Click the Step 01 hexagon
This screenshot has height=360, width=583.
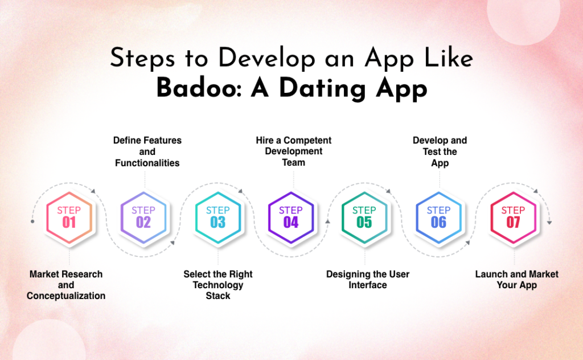69,217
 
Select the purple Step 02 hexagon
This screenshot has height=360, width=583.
143,217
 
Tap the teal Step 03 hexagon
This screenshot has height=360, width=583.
217,217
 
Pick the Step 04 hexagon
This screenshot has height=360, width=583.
291,217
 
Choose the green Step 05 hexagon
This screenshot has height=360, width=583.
364,217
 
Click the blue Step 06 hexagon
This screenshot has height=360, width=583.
438,217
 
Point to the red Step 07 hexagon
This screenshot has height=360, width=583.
513,217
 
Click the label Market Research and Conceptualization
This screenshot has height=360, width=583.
66,285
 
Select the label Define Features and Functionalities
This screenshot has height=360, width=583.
147,152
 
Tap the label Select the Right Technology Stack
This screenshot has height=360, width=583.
218,285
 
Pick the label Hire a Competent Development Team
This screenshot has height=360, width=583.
293,151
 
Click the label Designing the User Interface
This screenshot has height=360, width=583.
368,279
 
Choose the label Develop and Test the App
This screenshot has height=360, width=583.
440,152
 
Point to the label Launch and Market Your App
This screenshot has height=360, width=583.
517,279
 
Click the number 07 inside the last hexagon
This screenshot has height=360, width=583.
513,223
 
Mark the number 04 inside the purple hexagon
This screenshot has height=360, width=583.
291,223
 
